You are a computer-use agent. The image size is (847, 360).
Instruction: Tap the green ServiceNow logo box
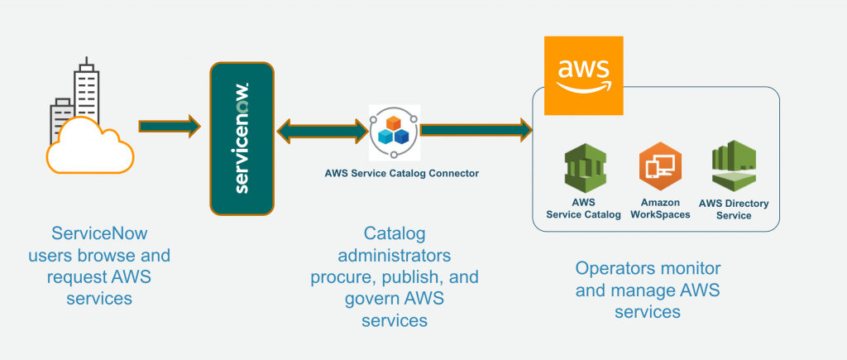(x=241, y=137)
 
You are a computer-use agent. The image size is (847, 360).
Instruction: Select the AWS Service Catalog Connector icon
(x=395, y=132)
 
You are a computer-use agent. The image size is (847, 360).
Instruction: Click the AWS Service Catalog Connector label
(x=402, y=174)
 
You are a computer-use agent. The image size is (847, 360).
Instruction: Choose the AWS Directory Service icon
(x=734, y=166)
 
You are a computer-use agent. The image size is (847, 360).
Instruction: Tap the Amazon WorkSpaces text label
(x=660, y=209)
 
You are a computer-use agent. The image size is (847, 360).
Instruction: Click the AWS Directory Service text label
(x=734, y=209)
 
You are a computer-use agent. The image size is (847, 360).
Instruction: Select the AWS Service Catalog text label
(x=583, y=209)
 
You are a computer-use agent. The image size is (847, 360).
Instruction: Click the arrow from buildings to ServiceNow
(x=169, y=127)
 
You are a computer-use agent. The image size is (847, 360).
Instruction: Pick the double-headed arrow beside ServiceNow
(x=322, y=130)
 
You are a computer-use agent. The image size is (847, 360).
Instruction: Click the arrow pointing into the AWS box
(x=476, y=129)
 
